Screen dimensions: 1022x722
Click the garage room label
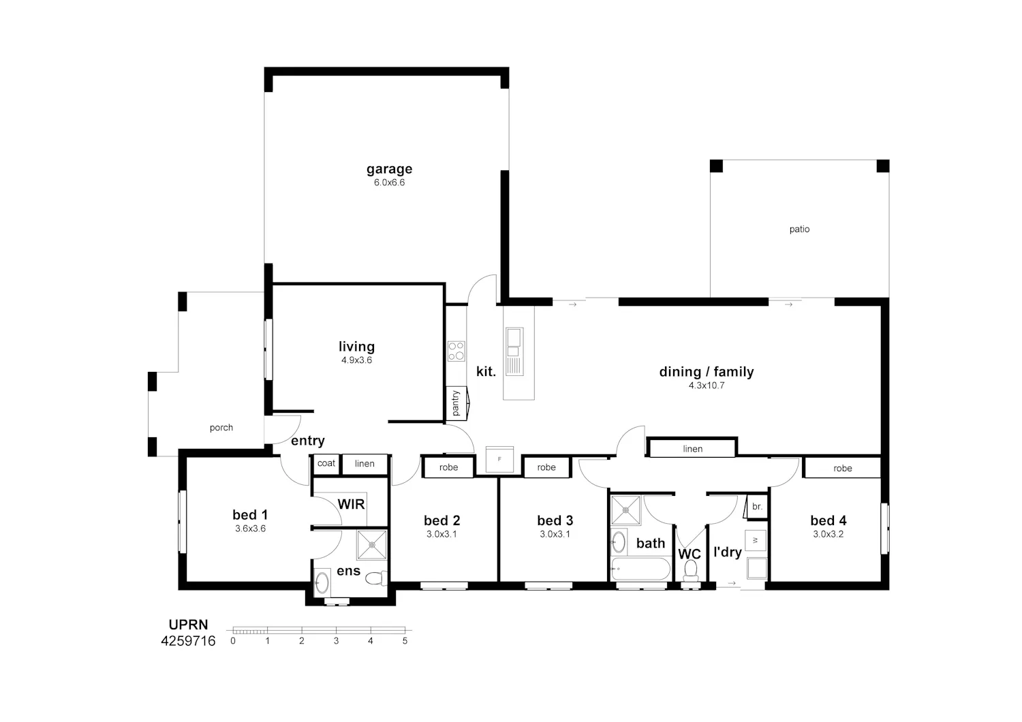pyautogui.click(x=389, y=169)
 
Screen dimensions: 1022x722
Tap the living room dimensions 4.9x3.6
pyautogui.click(x=357, y=360)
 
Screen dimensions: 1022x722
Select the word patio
pyautogui.click(x=799, y=230)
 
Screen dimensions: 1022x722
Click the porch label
pyautogui.click(x=221, y=428)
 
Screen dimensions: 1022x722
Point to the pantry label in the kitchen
pyautogui.click(x=455, y=403)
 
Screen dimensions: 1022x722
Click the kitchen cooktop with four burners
pyautogui.click(x=456, y=351)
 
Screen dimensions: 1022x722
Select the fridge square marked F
pyautogui.click(x=499, y=459)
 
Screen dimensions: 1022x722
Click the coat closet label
pyautogui.click(x=326, y=463)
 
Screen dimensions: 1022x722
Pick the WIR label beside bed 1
pyautogui.click(x=352, y=505)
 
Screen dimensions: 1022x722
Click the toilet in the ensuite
pyautogui.click(x=376, y=579)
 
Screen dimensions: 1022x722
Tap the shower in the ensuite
pyautogui.click(x=372, y=545)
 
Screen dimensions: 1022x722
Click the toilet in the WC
pyautogui.click(x=691, y=571)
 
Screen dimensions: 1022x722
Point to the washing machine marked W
pyautogui.click(x=755, y=540)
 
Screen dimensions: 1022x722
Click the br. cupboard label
pyautogui.click(x=758, y=507)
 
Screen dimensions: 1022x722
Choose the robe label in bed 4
pyautogui.click(x=843, y=469)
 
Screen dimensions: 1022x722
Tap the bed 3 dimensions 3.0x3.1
pyautogui.click(x=555, y=534)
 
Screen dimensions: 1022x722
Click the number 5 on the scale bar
pyautogui.click(x=405, y=641)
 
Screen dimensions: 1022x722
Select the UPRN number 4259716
pyautogui.click(x=188, y=641)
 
